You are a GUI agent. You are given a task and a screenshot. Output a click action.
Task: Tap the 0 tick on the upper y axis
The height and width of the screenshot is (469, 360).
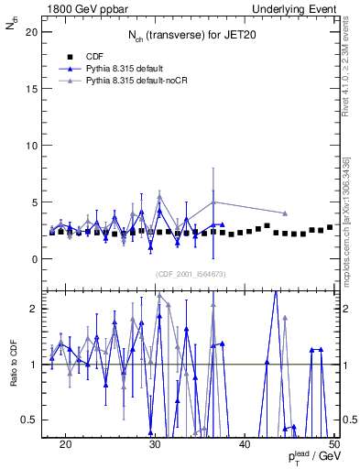[x=38, y=259]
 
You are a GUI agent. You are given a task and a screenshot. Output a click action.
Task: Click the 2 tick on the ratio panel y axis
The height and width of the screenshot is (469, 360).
[x=38, y=309]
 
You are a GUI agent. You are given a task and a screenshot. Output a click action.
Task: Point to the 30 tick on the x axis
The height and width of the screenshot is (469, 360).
[x=155, y=444]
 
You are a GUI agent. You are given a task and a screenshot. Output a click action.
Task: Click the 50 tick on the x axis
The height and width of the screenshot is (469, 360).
[x=334, y=444]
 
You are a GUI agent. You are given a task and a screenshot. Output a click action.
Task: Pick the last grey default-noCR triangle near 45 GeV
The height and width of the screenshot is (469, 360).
[x=286, y=213]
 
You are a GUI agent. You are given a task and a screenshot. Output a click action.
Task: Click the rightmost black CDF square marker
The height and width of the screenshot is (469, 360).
[x=330, y=227]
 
